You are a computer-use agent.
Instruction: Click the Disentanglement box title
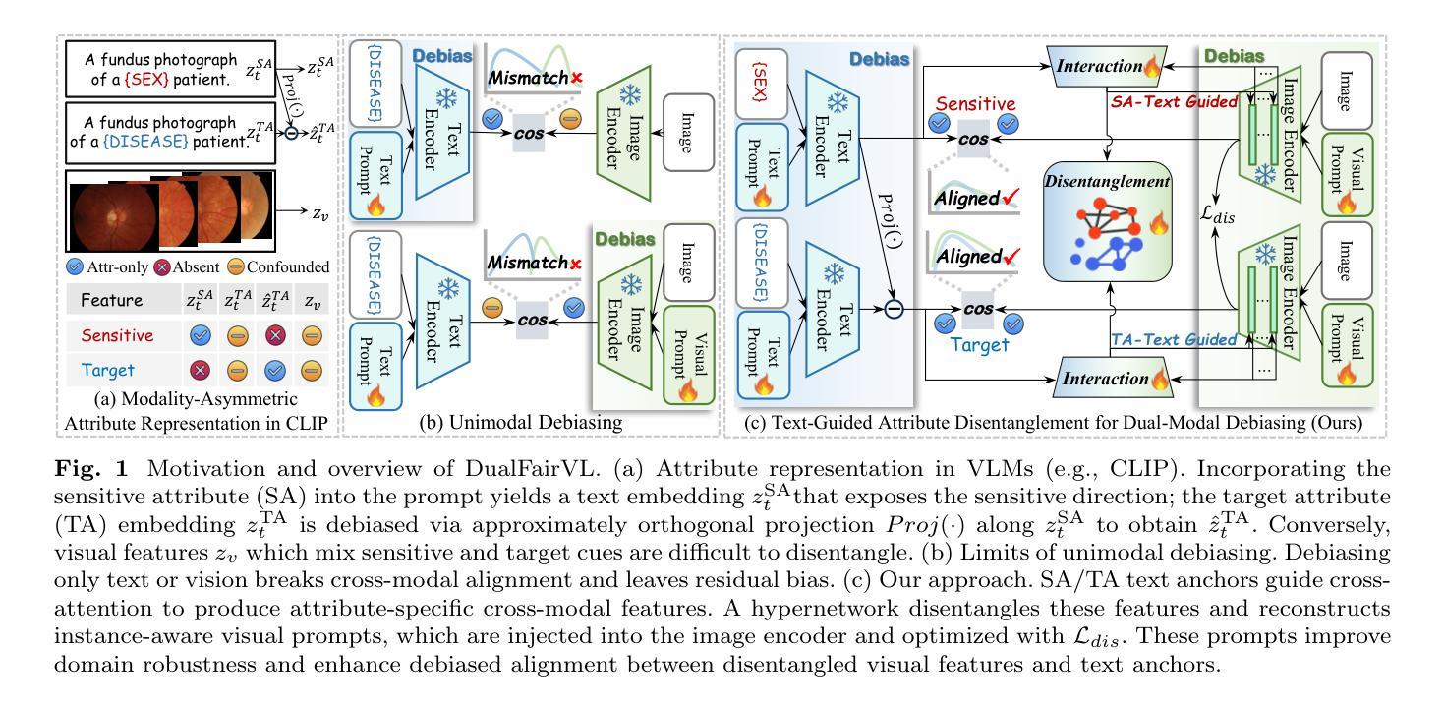[1106, 181]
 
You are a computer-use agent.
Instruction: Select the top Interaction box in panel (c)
[1106, 66]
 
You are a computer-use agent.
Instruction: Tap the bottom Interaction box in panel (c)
[1114, 378]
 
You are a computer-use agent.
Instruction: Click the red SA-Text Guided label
[1174, 102]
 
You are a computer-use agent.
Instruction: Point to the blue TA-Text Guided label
[1174, 339]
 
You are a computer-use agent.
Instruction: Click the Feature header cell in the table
[111, 300]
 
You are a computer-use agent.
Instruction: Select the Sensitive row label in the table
[117, 335]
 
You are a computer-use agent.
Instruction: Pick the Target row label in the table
[108, 370]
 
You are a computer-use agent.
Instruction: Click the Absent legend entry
[187, 266]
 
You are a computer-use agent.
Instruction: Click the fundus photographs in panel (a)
[171, 211]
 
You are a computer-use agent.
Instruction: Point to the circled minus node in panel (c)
[894, 309]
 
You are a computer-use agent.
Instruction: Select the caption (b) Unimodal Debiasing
[521, 423]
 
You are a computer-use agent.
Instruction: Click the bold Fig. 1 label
[91, 469]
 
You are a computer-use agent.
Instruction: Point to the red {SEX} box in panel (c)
[761, 84]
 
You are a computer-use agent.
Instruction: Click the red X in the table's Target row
[200, 370]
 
